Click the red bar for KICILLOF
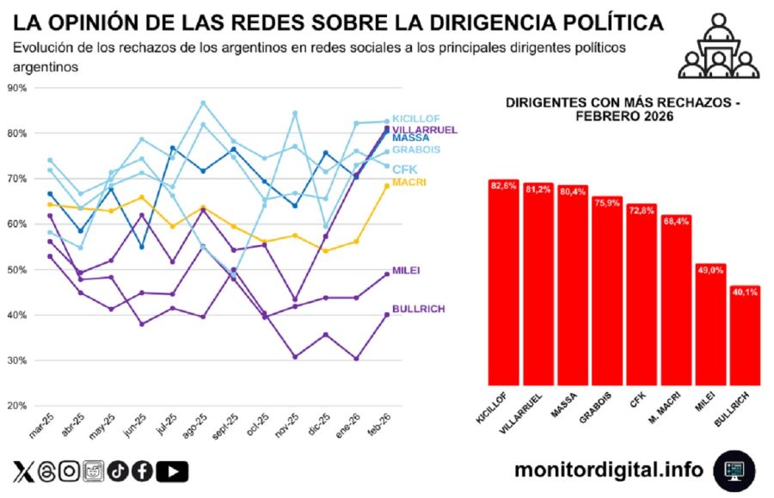(x=503, y=284)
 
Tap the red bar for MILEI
(x=709, y=325)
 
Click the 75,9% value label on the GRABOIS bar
(x=606, y=204)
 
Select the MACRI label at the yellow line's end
(x=408, y=182)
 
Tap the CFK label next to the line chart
(x=405, y=169)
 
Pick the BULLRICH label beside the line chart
(x=418, y=309)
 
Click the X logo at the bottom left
(x=23, y=471)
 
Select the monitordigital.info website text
(x=608, y=470)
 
